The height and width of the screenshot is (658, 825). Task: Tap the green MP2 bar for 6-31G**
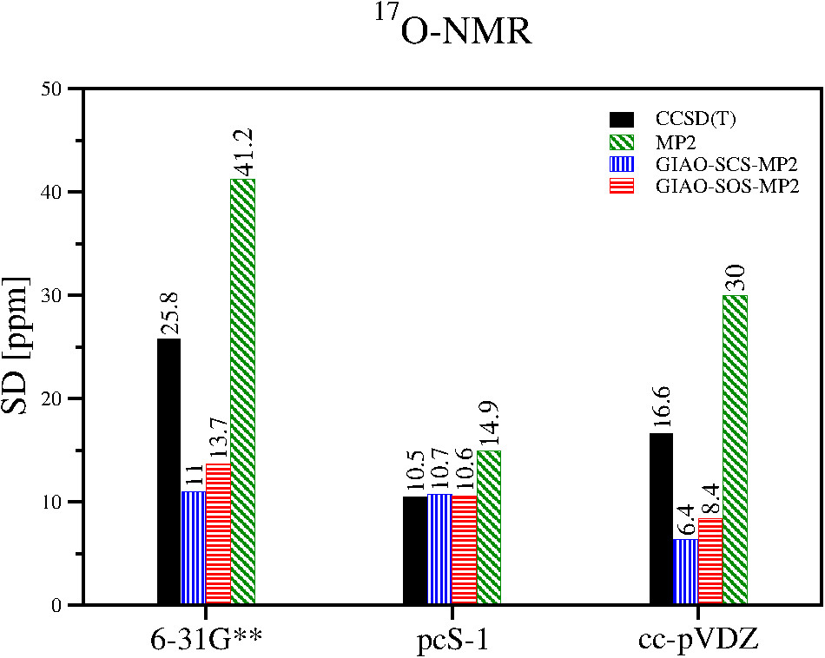coord(242,392)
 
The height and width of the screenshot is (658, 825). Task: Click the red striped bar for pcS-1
coord(464,550)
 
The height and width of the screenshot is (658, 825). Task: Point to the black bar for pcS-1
coord(415,550)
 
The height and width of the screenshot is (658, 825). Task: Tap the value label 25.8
coord(169,317)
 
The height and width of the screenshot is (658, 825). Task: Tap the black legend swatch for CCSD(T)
coord(624,118)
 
